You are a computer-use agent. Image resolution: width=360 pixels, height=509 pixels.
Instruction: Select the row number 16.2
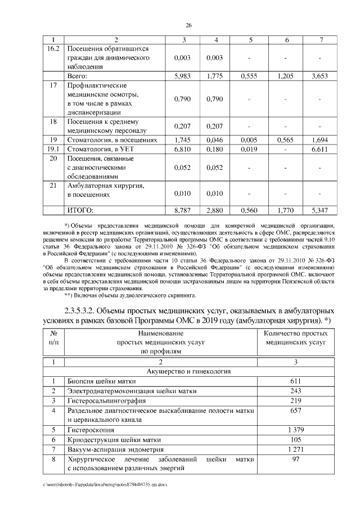tap(53, 48)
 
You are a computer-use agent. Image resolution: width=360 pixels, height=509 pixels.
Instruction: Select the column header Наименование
tap(153, 333)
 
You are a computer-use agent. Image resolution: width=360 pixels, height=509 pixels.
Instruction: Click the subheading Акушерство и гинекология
tap(188, 371)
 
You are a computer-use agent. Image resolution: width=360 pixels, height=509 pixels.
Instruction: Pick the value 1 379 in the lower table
tap(296, 430)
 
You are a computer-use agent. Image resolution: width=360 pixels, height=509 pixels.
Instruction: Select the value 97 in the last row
tap(296, 459)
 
